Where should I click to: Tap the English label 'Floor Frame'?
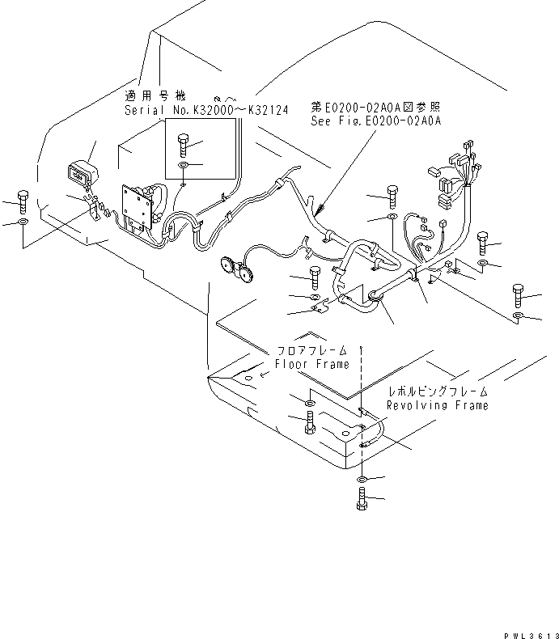pos(312,364)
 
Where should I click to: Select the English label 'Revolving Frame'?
pos(438,405)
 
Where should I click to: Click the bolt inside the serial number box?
pos(182,146)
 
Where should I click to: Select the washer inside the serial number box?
pos(184,167)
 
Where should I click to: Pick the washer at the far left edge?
pos(22,222)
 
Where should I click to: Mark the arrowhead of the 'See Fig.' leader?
pos(321,212)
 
